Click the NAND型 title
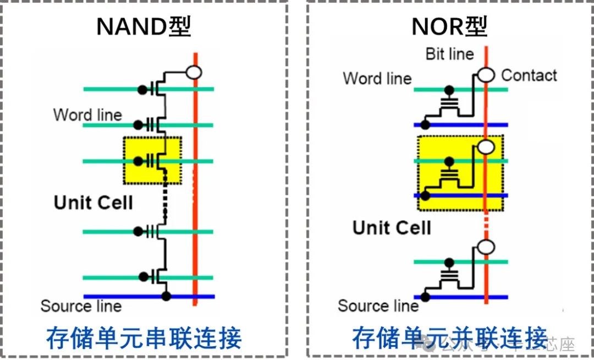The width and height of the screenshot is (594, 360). coord(144,27)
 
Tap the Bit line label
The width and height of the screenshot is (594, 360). coord(449,54)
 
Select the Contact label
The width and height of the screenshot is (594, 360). coord(529,75)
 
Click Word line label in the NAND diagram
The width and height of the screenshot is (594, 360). coord(87,115)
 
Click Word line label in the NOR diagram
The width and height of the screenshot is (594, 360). coord(377,78)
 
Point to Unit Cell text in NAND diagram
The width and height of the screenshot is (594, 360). coord(94,203)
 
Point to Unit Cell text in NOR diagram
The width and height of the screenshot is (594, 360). coord(392,228)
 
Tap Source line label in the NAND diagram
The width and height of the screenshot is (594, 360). coord(81,306)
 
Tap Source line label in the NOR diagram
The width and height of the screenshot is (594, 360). coord(378,306)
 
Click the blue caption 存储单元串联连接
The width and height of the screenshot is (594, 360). coord(144,337)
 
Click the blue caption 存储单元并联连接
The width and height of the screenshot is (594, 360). coord(450,337)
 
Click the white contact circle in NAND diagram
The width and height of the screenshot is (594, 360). coord(194,72)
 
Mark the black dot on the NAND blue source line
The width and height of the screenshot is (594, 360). coord(166,297)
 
